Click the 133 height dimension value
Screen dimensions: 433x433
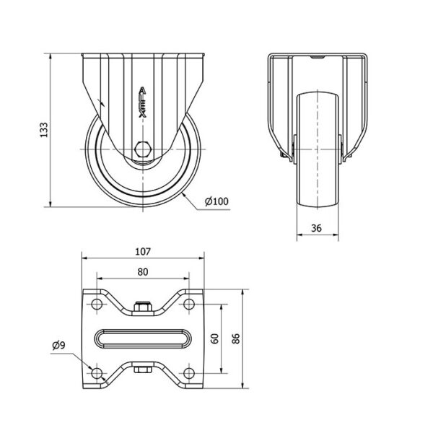(x=44, y=129)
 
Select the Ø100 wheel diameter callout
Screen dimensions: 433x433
(x=216, y=201)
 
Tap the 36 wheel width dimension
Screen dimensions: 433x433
(x=317, y=228)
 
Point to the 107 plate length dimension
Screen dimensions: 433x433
(x=143, y=252)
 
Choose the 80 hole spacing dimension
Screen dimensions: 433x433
(x=143, y=272)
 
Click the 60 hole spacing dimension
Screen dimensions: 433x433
(x=214, y=338)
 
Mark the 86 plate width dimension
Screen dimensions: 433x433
(x=235, y=338)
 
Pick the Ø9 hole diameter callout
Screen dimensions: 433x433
(x=58, y=345)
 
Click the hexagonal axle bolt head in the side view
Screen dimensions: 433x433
(x=142, y=149)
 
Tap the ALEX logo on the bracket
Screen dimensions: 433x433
(x=142, y=102)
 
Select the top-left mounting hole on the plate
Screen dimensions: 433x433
(x=97, y=304)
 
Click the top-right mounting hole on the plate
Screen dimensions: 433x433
(x=189, y=304)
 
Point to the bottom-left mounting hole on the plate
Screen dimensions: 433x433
(x=97, y=373)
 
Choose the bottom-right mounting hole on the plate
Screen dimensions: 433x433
(x=189, y=373)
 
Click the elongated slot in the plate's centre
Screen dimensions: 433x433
(x=143, y=338)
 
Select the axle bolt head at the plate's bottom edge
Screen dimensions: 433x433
(x=142, y=369)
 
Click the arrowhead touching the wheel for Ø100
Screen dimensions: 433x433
(x=185, y=196)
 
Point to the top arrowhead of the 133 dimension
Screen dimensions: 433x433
(x=51, y=57)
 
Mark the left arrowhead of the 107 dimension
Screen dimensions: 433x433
(x=85, y=258)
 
